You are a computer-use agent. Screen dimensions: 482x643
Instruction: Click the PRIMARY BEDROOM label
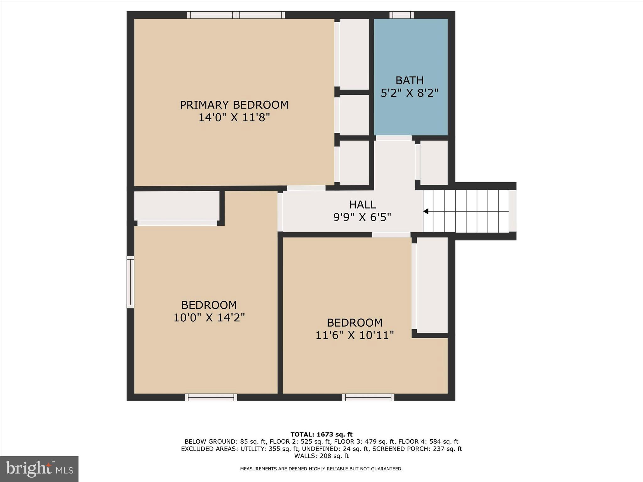point(234,105)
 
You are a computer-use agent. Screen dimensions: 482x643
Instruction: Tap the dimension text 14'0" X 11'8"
point(234,118)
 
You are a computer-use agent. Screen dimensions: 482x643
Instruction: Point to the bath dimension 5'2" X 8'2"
point(409,93)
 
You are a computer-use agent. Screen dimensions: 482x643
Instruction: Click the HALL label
point(362,205)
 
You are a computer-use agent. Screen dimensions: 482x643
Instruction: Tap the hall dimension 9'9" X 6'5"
point(362,217)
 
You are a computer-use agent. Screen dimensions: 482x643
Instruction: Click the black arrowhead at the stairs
point(426,211)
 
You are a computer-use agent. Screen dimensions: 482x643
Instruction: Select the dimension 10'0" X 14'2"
point(209,318)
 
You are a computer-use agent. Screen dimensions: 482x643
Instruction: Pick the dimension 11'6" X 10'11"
point(354,335)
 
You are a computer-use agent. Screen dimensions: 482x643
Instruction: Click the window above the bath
point(402,15)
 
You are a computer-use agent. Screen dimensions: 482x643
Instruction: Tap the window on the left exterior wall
point(130,282)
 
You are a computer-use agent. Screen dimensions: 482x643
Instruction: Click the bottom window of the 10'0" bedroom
point(211,397)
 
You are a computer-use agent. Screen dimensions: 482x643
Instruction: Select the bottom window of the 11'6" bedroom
point(368,397)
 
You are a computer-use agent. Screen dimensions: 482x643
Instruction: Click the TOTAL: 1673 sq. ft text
point(321,434)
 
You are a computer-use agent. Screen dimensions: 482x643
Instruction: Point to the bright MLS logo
point(39,469)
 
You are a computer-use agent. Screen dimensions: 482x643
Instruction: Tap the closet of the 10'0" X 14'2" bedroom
point(177,206)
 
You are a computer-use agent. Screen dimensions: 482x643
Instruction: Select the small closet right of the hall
point(434,163)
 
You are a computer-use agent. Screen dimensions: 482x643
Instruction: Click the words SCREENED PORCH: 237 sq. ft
point(417,449)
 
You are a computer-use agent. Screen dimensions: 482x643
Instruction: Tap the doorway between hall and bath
point(394,138)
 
